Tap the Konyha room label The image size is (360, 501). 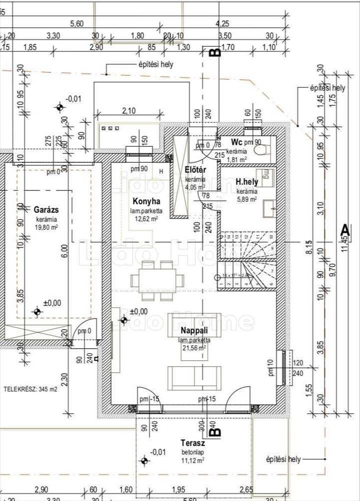click(x=142, y=201)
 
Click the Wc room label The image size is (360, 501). click(x=236, y=142)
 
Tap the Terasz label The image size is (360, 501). click(x=193, y=443)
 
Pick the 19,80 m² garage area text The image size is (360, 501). click(x=47, y=227)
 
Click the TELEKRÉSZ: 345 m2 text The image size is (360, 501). click(x=31, y=389)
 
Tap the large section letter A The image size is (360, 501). click(x=344, y=229)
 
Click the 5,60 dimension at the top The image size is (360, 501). click(x=77, y=23)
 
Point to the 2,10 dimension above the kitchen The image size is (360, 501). click(x=129, y=110)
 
